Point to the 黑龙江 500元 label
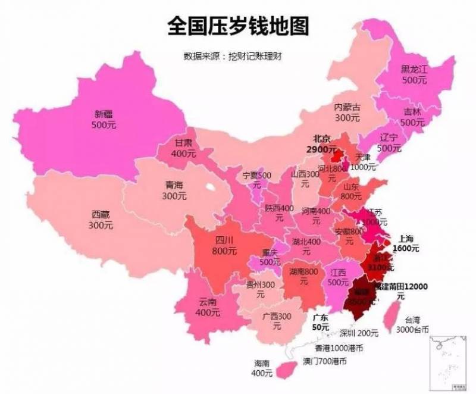(414, 74)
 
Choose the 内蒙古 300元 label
(347, 112)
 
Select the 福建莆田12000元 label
(401, 290)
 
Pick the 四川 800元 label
(224, 245)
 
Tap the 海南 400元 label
(262, 368)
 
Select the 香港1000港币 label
(339, 348)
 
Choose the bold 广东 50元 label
(321, 323)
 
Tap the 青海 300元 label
(174, 190)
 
